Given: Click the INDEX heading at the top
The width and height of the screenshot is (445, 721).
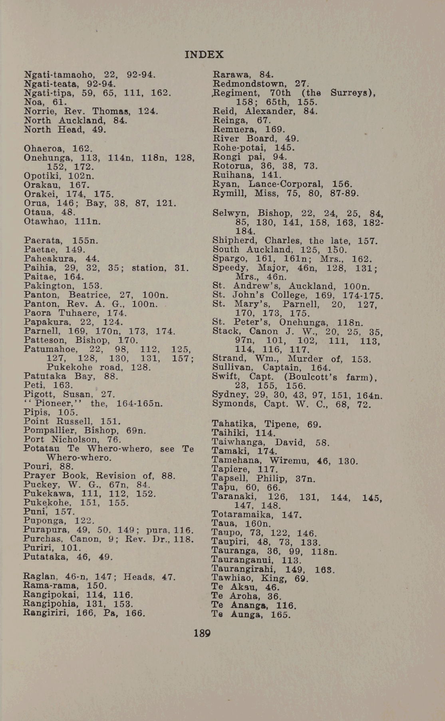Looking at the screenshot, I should tap(204, 54).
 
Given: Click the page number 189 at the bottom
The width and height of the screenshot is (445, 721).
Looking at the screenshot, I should tap(202, 633).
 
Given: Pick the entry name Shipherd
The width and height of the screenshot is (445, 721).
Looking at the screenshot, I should tap(234, 241).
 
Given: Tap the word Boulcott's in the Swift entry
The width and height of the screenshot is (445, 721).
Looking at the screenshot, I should tap(318, 377).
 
